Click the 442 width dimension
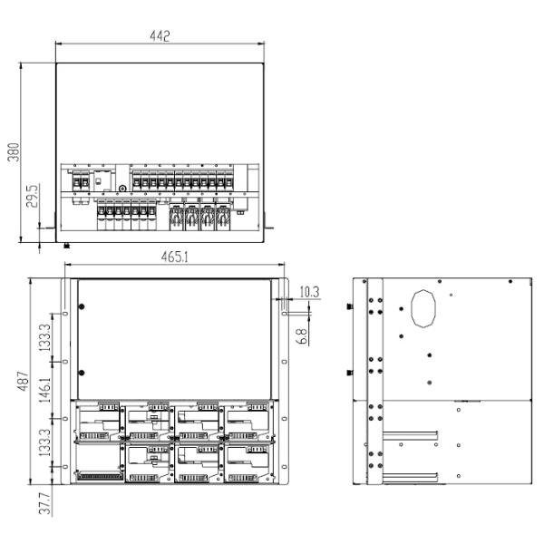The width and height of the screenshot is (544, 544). pos(160,35)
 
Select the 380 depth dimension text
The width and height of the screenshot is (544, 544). pos(14,152)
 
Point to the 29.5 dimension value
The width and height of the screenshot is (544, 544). pos(33,197)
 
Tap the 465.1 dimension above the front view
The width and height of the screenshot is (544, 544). pos(174,257)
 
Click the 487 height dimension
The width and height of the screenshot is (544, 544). pos(23,381)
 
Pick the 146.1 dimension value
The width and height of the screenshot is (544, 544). pos(44,390)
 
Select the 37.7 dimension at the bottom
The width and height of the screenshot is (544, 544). pos(44,503)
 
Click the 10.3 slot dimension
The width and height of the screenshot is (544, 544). pos(309,292)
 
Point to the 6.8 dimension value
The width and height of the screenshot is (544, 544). pos(302,336)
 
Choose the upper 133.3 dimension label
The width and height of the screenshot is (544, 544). pos(44,337)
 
